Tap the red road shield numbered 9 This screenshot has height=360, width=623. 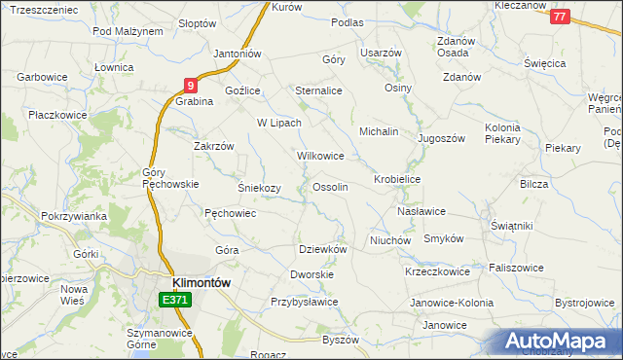192,85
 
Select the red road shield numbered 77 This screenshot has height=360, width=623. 559,17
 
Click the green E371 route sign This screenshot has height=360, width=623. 175,301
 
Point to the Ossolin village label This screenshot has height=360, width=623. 330,186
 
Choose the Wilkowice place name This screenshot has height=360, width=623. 320,155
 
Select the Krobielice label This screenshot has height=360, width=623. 396,180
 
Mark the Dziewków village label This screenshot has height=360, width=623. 322,248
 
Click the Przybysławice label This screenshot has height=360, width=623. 304,302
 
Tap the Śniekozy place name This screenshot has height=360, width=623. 259,188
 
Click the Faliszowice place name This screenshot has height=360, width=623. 516,268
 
